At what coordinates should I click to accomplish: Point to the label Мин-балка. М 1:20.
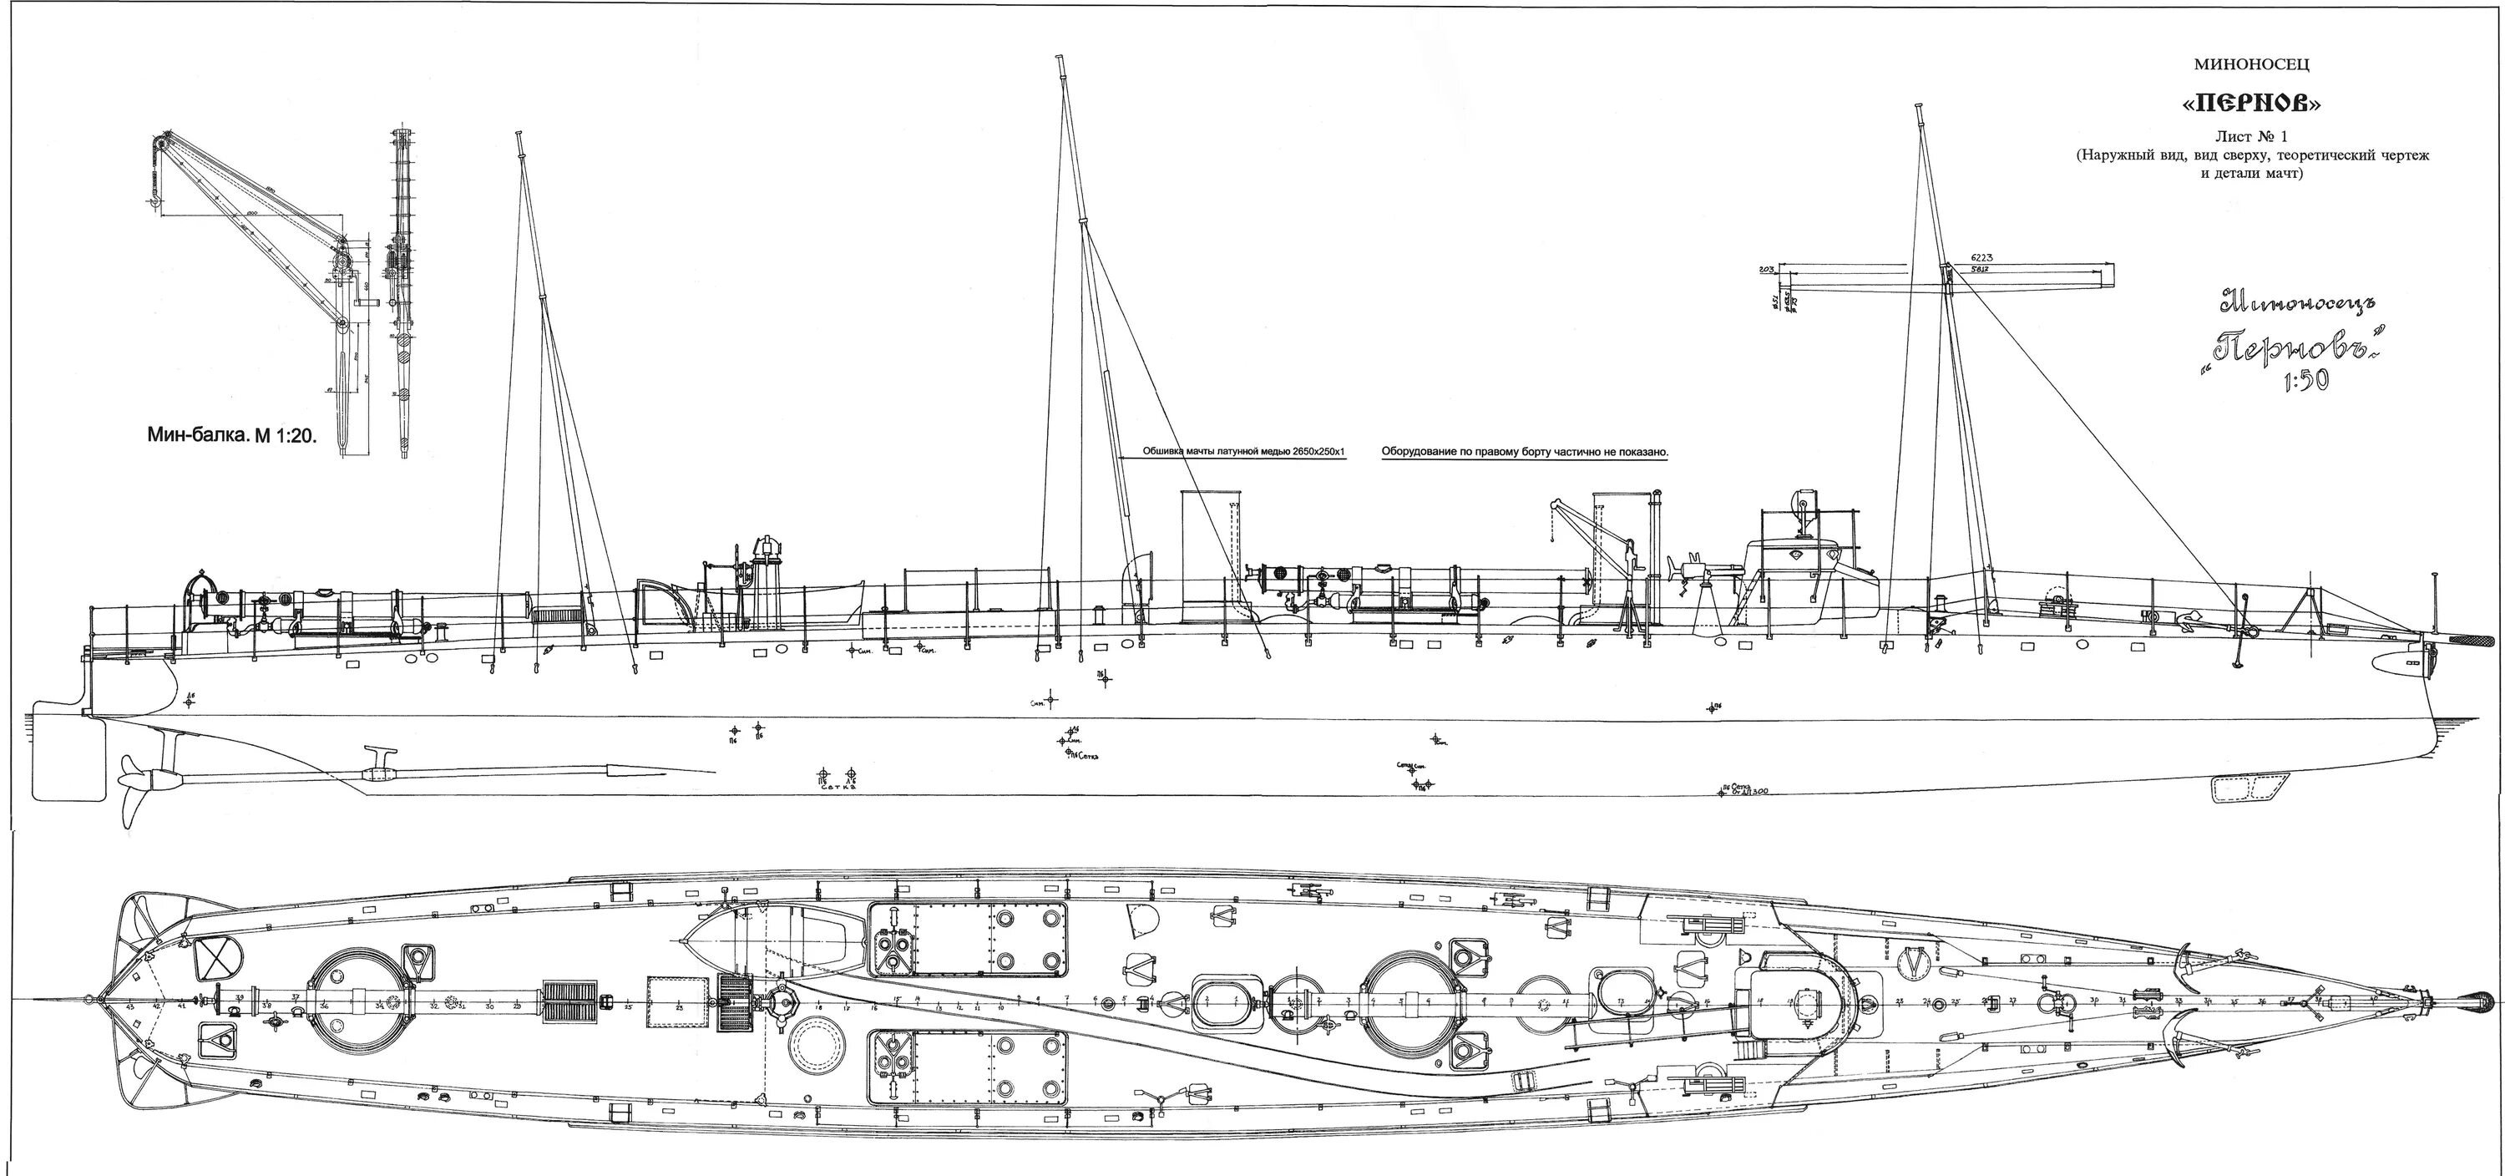click(232, 437)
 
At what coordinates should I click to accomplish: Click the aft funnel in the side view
click(1207, 555)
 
